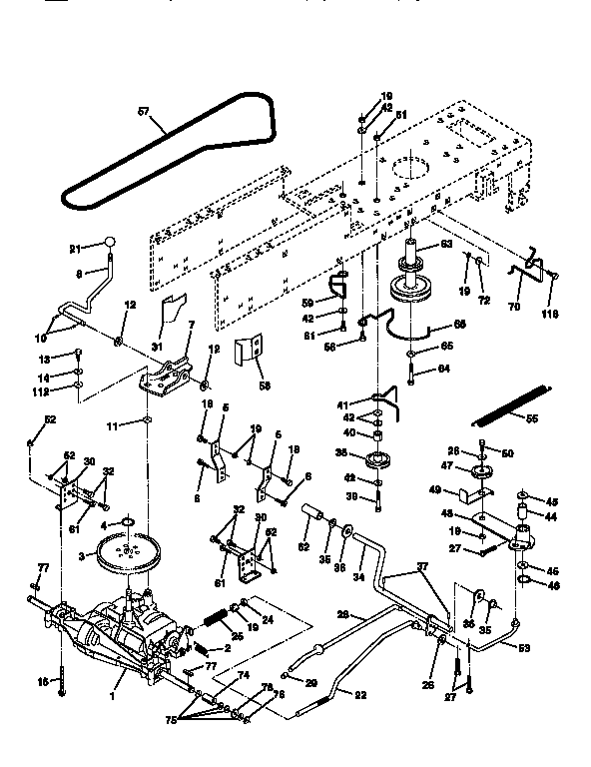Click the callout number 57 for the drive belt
(x=144, y=114)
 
